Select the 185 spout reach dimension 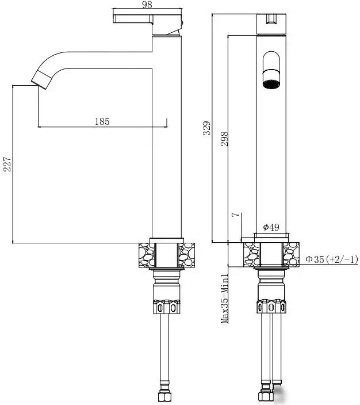coord(101,121)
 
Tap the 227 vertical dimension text coord(7,166)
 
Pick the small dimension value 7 coord(235,215)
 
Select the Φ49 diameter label coord(271,227)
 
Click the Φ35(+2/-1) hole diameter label coord(331,259)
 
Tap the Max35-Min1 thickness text coord(225,299)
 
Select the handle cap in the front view coord(271,22)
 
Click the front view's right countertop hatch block coord(292,254)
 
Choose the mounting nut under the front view coord(271,305)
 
